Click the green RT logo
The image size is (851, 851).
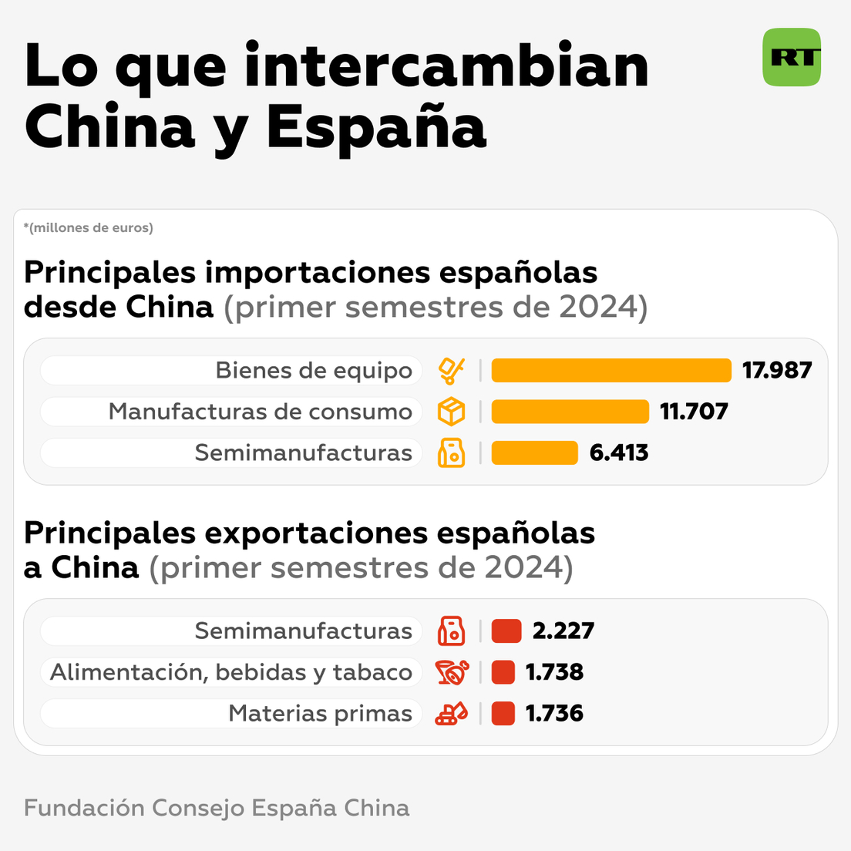tap(792, 57)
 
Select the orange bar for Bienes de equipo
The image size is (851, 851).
tap(610, 370)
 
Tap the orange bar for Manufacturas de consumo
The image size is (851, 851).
tap(570, 412)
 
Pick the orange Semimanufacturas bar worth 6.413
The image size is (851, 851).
tap(534, 452)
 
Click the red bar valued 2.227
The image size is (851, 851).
tap(506, 631)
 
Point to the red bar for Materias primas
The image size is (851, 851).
tap(503, 713)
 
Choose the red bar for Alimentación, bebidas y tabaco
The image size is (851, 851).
tap(503, 672)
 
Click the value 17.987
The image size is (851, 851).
tap(777, 370)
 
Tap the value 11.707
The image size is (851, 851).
tap(694, 412)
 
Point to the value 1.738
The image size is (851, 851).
tap(554, 672)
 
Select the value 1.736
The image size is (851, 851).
tap(554, 713)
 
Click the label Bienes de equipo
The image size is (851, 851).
tap(314, 371)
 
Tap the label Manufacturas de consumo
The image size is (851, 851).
tap(261, 412)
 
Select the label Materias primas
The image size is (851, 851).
tap(320, 714)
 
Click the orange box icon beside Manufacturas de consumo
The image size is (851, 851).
tap(451, 412)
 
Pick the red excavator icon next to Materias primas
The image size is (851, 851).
tap(451, 713)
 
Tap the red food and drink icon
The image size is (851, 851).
tap(451, 672)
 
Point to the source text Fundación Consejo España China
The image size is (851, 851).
tap(217, 808)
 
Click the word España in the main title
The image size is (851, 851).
tap(376, 127)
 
